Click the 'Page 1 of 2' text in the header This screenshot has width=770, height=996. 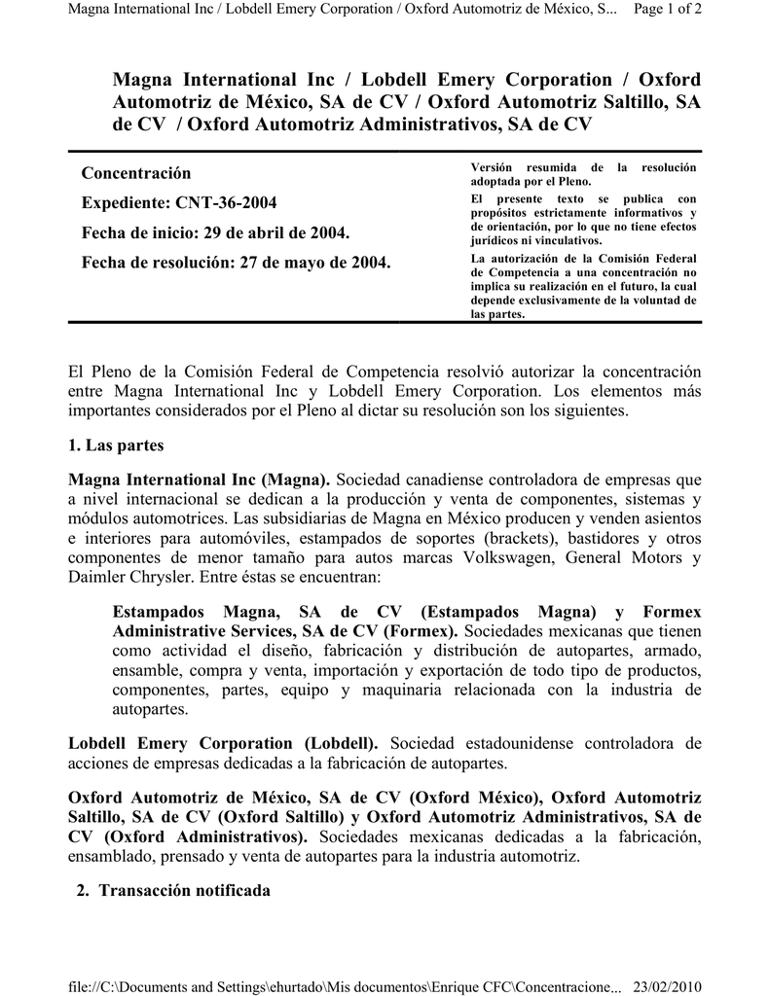coord(667,9)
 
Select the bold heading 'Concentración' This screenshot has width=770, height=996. coord(136,173)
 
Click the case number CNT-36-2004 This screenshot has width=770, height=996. coord(226,203)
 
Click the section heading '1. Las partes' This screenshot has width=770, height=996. coord(116,445)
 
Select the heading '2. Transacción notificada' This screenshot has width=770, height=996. coord(172,890)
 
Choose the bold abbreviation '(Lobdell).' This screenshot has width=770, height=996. coord(339,743)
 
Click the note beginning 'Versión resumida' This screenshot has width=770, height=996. coord(583,175)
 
